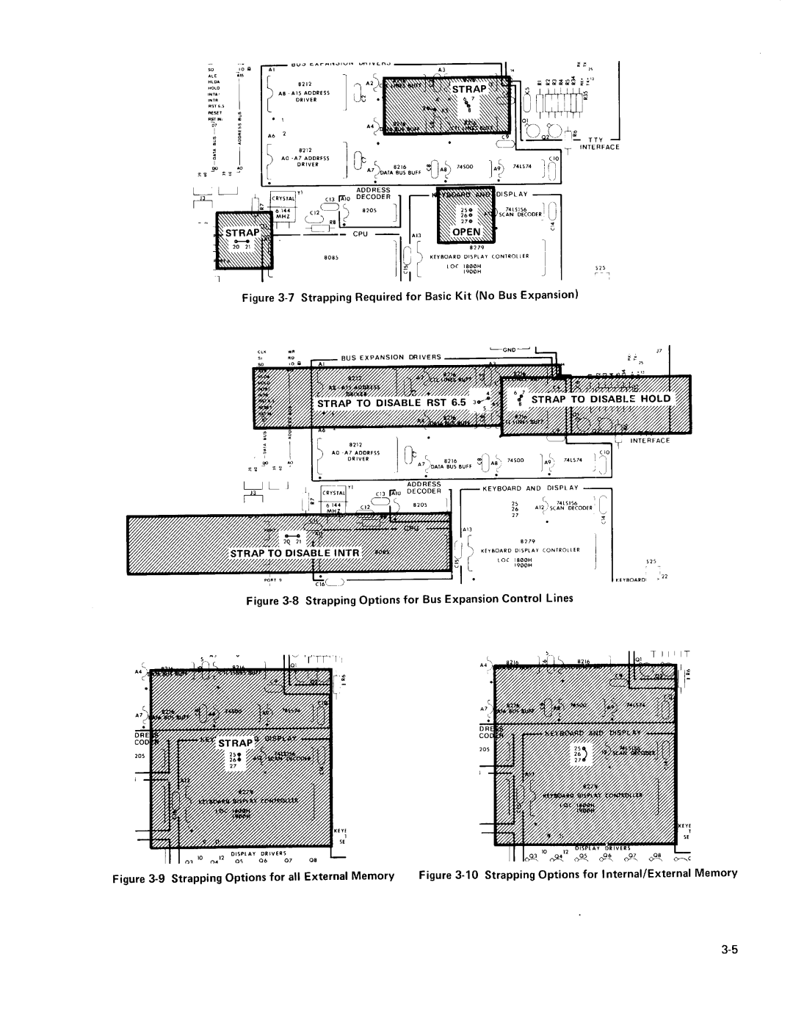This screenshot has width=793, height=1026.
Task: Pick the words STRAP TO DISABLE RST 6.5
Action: [x=391, y=402]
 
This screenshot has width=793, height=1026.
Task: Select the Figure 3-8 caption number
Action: [x=287, y=599]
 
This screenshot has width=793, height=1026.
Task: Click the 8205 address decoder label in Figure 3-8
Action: [x=420, y=505]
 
